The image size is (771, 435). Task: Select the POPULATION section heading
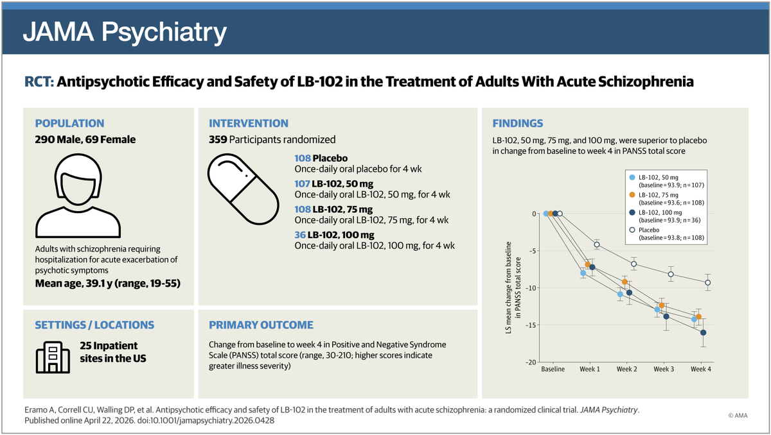pyautogui.click(x=69, y=124)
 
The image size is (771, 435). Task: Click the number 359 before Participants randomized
pyautogui.click(x=218, y=139)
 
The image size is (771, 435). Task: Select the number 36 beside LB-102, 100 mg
pyautogui.click(x=300, y=235)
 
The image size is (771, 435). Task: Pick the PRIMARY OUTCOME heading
pyautogui.click(x=261, y=325)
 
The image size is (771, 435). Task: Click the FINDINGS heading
pyautogui.click(x=517, y=124)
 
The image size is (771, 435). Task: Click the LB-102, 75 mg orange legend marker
pyautogui.click(x=632, y=194)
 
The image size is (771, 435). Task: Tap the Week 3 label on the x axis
pyautogui.click(x=664, y=370)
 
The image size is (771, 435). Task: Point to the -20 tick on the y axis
pyautogui.click(x=531, y=362)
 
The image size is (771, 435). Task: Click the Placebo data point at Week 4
pyautogui.click(x=708, y=282)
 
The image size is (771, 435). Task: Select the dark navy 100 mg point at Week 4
pyautogui.click(x=704, y=332)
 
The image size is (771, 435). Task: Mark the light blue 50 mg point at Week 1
pyautogui.click(x=583, y=273)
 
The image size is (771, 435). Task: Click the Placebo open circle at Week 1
pyautogui.click(x=597, y=244)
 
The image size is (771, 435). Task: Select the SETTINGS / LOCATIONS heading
pyautogui.click(x=94, y=325)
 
